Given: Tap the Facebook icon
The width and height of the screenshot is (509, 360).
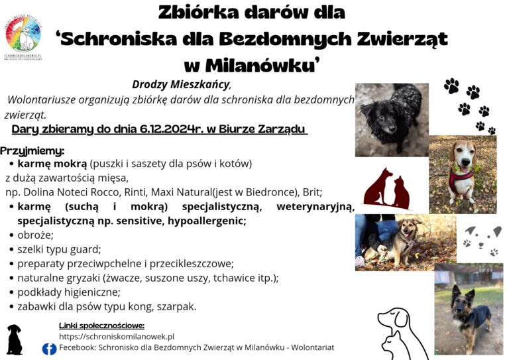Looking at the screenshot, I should pyautogui.click(x=49, y=349).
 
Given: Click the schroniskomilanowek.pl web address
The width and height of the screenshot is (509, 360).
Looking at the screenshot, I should pyautogui.click(x=117, y=337).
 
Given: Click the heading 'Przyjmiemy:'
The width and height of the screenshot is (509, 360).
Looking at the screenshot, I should pyautogui.click(x=32, y=150).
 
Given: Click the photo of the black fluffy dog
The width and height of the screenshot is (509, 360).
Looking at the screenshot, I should pyautogui.click(x=391, y=119).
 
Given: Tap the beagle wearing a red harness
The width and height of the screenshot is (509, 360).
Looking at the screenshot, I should pyautogui.click(x=462, y=174).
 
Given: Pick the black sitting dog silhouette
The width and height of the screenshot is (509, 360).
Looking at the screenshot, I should pyautogui.click(x=14, y=339).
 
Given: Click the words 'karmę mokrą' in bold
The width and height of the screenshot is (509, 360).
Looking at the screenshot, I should pyautogui.click(x=52, y=163).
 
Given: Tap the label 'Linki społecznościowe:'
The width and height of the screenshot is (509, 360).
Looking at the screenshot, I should pyautogui.click(x=101, y=326).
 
